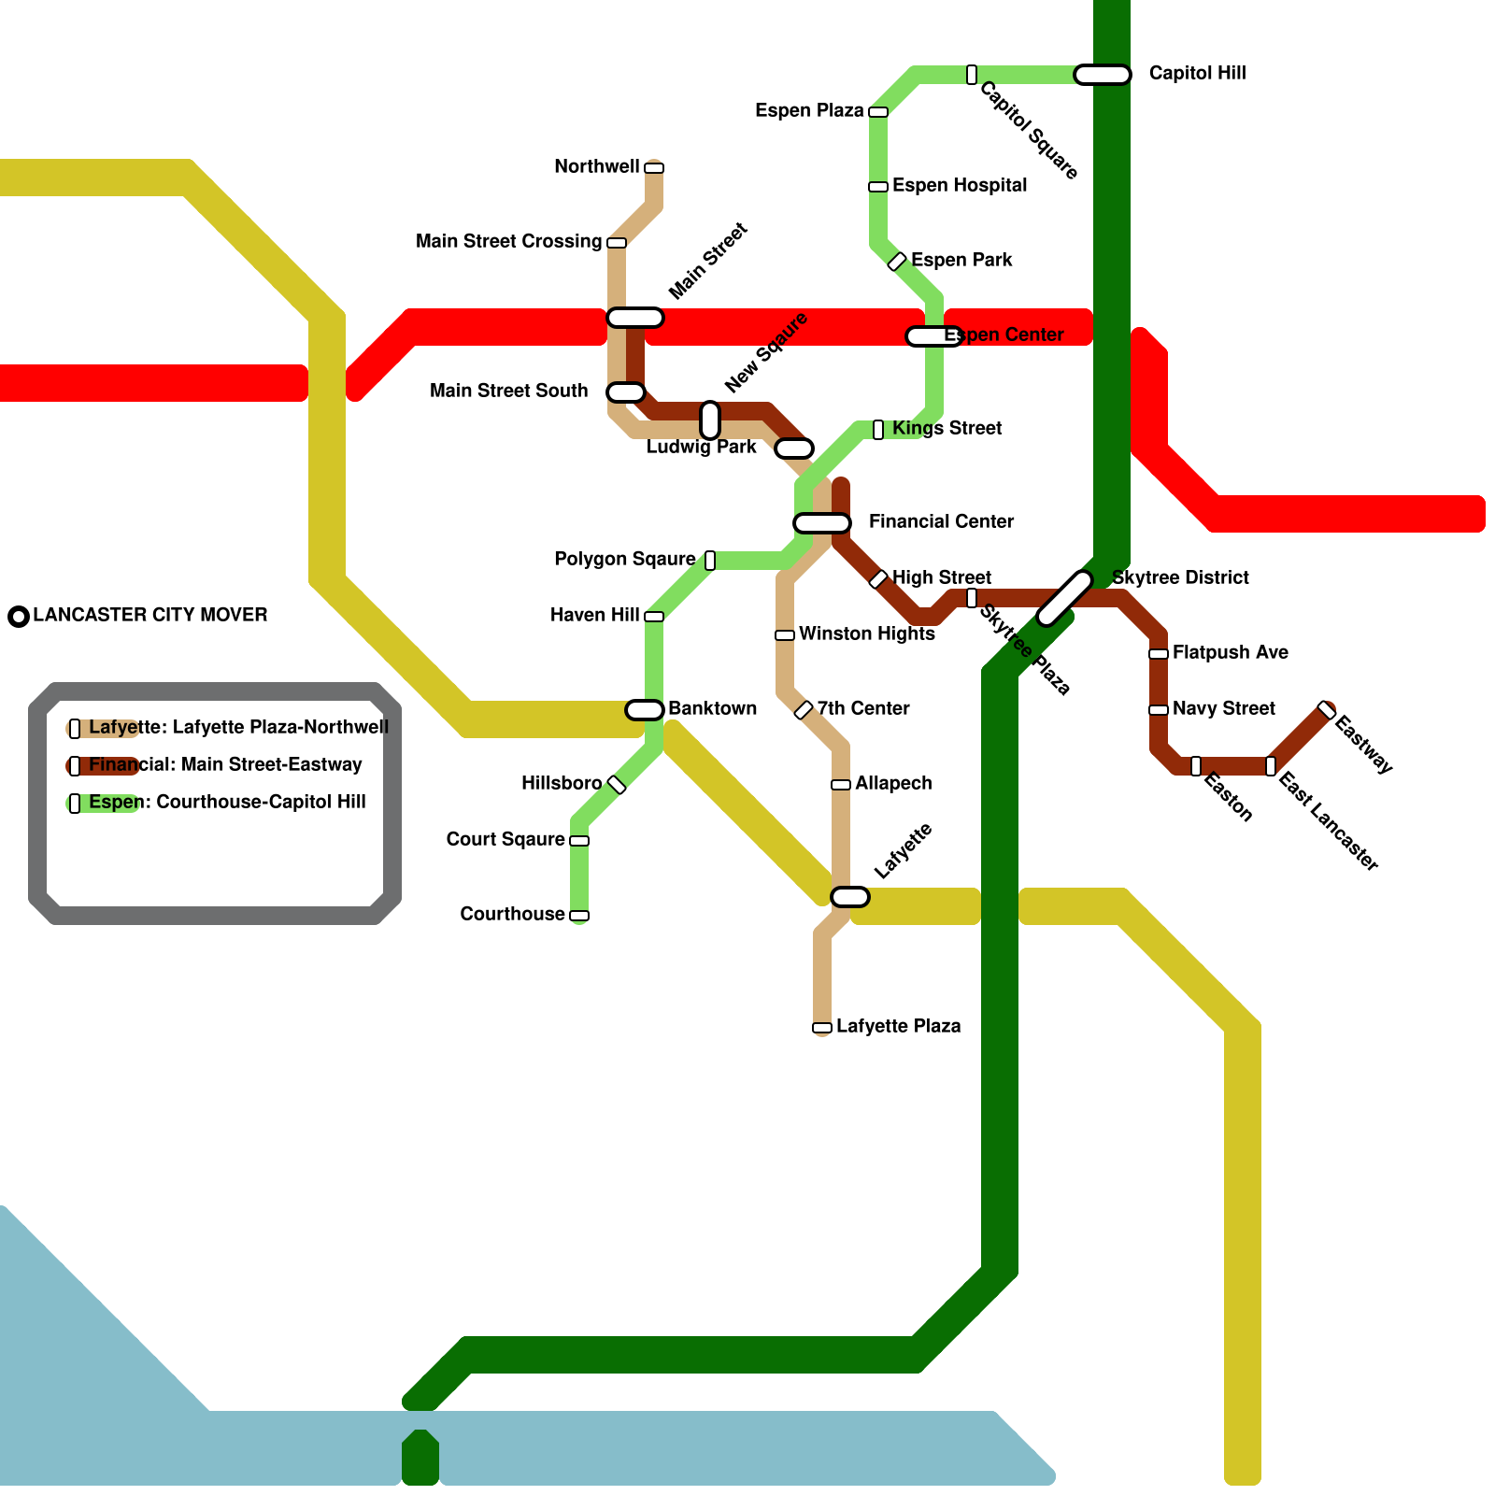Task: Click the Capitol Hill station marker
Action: click(1103, 75)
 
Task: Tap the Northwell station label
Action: click(596, 167)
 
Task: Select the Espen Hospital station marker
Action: click(878, 187)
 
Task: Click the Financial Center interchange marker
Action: click(822, 523)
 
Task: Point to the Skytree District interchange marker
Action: click(1065, 598)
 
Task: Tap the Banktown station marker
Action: click(645, 710)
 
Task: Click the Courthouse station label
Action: click(512, 914)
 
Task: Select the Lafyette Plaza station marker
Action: click(822, 1028)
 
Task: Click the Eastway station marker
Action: click(1327, 710)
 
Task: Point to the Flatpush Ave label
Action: click(1230, 653)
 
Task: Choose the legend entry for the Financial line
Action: click(224, 765)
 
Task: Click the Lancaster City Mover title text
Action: click(149, 616)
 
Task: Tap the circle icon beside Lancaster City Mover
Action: click(19, 617)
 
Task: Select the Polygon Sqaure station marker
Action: click(710, 561)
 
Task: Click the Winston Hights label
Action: click(866, 634)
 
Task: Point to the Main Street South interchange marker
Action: click(626, 392)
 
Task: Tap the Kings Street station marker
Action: click(878, 430)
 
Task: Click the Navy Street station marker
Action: click(1159, 710)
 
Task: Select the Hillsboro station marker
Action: click(617, 785)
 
